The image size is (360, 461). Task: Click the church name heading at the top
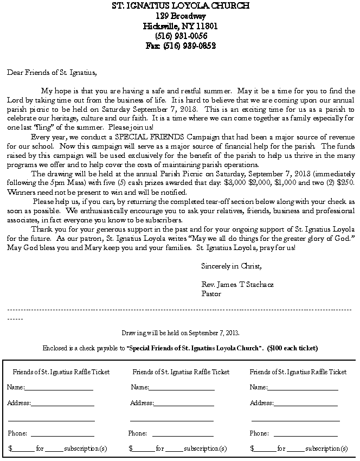(x=181, y=6)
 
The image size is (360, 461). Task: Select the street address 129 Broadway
(x=181, y=16)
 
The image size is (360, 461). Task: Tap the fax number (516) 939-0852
(x=181, y=46)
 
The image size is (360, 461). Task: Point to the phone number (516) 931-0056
(x=181, y=36)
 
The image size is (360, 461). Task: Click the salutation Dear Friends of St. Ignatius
(x=52, y=72)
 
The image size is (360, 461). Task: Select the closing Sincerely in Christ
(x=231, y=266)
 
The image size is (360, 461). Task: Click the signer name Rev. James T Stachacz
(x=237, y=285)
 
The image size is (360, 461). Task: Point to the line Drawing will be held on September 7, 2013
(x=181, y=333)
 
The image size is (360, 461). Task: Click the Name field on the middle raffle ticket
(x=182, y=388)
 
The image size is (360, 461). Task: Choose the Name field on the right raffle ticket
(x=303, y=388)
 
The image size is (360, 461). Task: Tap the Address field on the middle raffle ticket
(x=184, y=404)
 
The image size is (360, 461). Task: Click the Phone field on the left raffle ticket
(x=62, y=434)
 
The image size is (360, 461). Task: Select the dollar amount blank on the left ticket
(x=23, y=449)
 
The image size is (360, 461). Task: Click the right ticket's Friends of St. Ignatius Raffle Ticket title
(x=298, y=372)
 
